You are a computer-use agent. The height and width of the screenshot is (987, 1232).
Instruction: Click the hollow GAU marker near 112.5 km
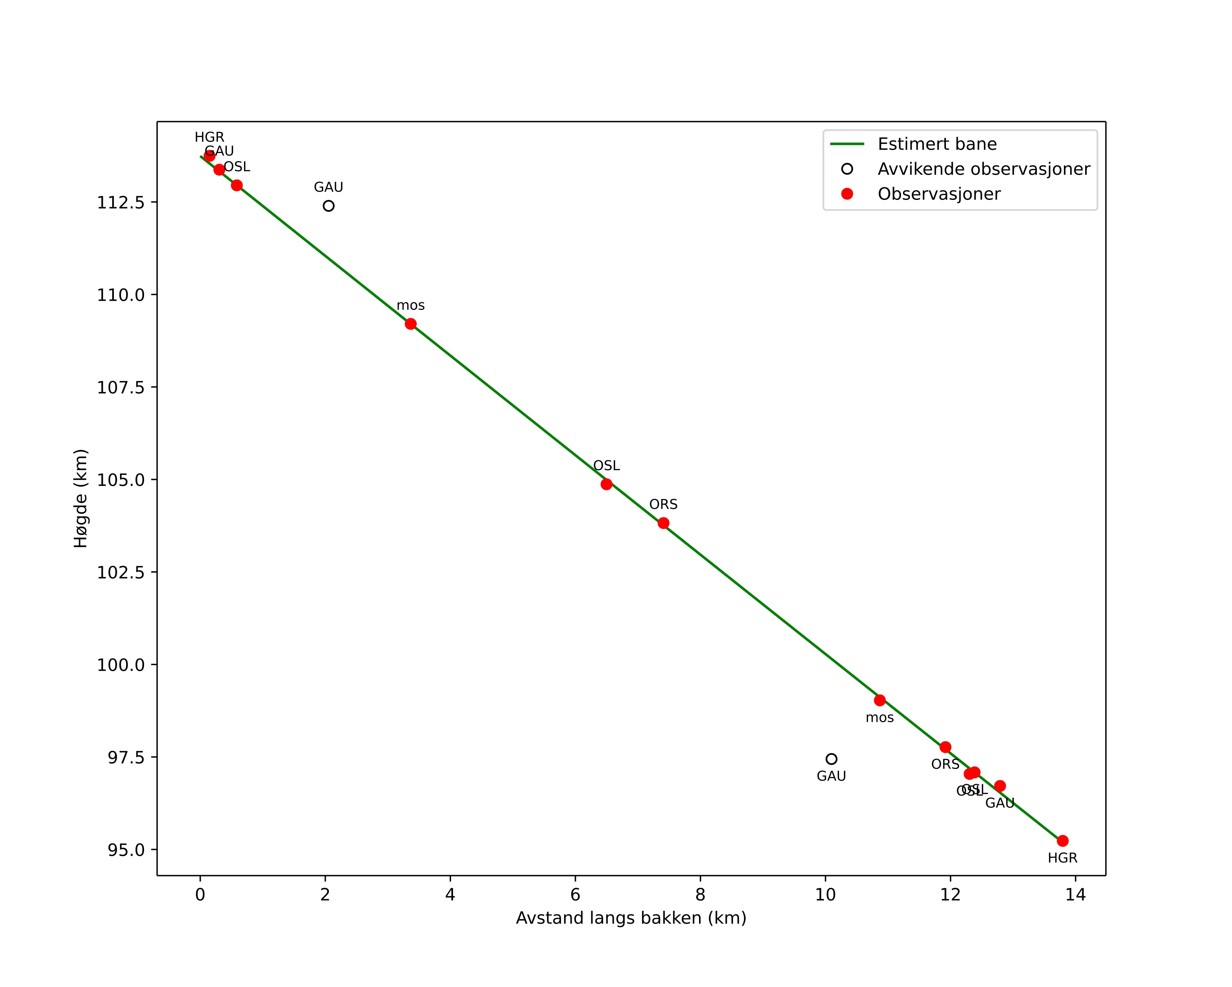(329, 206)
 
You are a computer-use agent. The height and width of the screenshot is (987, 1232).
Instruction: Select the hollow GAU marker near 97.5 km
(831, 759)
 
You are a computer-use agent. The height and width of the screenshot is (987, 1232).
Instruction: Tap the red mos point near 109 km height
(411, 324)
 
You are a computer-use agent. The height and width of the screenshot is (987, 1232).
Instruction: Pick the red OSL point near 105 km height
(606, 484)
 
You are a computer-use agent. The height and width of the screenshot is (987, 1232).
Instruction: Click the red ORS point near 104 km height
(664, 523)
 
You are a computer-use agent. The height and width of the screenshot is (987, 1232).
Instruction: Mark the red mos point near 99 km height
(880, 700)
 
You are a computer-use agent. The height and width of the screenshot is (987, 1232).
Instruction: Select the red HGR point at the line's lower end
(1063, 841)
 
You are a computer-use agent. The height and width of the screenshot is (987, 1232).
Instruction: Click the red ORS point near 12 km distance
(946, 747)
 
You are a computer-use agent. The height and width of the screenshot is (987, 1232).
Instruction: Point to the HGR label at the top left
(209, 138)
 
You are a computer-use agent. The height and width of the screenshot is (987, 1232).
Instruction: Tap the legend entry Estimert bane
(937, 144)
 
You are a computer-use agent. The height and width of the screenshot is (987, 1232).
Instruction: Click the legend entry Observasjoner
(939, 194)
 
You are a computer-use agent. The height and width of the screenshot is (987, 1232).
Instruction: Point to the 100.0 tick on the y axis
(120, 665)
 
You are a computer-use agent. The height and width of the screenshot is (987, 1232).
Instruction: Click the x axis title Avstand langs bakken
(631, 918)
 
